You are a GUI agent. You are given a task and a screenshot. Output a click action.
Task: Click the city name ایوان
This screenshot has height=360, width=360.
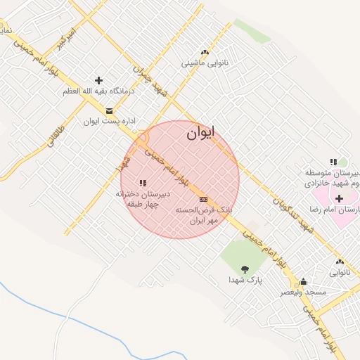(202, 134)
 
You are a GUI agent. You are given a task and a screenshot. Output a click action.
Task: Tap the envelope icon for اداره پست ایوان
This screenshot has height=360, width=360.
(109, 110)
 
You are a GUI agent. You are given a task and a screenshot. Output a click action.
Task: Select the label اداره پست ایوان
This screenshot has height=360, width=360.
(109, 122)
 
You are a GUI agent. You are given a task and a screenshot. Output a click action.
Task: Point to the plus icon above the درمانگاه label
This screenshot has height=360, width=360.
(98, 80)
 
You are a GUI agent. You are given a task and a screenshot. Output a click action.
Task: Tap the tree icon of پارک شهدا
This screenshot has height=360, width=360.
(245, 269)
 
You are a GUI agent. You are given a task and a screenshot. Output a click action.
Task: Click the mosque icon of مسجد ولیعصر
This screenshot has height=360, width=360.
(303, 281)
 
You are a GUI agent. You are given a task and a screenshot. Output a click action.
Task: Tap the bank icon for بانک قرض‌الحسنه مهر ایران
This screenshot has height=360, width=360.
(204, 199)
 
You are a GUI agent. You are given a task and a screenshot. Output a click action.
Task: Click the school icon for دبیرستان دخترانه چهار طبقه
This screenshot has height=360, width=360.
(143, 183)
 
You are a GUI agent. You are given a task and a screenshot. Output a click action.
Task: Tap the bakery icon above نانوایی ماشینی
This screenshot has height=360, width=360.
(205, 51)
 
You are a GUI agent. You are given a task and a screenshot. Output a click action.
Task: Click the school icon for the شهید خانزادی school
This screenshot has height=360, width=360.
(333, 162)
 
